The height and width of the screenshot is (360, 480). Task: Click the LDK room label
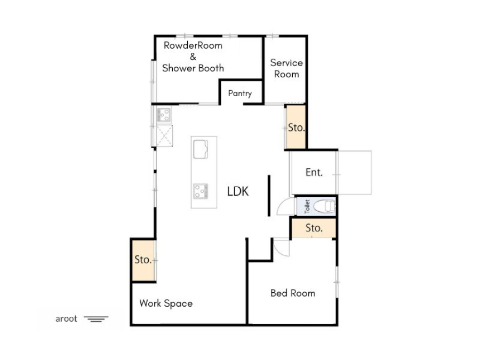pos(238,191)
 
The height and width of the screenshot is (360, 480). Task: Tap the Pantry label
pos(240,93)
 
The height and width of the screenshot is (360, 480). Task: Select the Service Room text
pos(286,68)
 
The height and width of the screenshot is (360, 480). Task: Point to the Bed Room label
pos(293,293)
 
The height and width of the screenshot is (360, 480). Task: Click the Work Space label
pos(166,303)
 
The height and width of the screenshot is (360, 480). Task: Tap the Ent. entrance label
pos(314,172)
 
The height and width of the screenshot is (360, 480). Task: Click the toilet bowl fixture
pos(324,206)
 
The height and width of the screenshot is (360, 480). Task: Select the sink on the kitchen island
pos(201,149)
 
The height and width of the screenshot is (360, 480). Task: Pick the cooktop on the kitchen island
pos(201,191)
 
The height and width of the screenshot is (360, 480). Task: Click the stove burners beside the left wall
pos(164,115)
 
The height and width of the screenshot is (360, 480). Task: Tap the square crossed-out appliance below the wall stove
pos(164,135)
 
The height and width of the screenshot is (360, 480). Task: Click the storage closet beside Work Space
pos(143,260)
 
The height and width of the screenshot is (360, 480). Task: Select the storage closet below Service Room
pos(295,127)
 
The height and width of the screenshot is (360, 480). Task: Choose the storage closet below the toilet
pos(314,228)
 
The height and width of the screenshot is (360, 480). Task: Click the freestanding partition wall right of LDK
pos(269,196)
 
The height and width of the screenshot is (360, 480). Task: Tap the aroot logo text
pos(66,319)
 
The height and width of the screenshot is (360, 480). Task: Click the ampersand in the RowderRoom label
pos(193,57)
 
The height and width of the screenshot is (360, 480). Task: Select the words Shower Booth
pos(193,68)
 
